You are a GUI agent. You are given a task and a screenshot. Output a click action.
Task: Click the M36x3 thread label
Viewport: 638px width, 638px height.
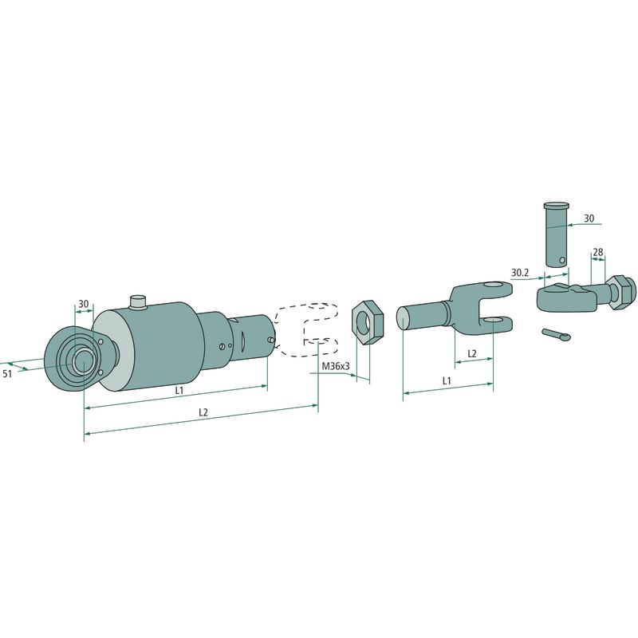pyautogui.click(x=336, y=366)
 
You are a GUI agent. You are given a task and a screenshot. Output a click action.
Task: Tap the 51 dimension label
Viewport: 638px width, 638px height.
pyautogui.click(x=7, y=373)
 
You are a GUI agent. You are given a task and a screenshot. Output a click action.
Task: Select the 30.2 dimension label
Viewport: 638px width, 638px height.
pyautogui.click(x=520, y=272)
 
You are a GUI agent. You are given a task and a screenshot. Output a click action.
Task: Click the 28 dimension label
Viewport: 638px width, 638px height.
pyautogui.click(x=597, y=252)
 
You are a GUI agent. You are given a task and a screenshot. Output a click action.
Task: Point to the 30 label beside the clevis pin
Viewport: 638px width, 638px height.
pyautogui.click(x=589, y=219)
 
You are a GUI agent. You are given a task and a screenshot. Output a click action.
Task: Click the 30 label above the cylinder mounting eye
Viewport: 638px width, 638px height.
pyautogui.click(x=84, y=304)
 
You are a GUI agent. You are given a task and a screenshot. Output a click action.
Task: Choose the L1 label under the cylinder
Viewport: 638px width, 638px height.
pyautogui.click(x=179, y=390)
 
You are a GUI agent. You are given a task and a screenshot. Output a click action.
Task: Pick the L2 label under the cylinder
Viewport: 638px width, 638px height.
pyautogui.click(x=203, y=412)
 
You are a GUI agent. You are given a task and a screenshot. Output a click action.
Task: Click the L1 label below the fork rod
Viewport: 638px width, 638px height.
pyautogui.click(x=447, y=381)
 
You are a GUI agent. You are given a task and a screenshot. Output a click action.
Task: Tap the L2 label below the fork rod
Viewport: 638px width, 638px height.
pyautogui.click(x=471, y=353)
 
